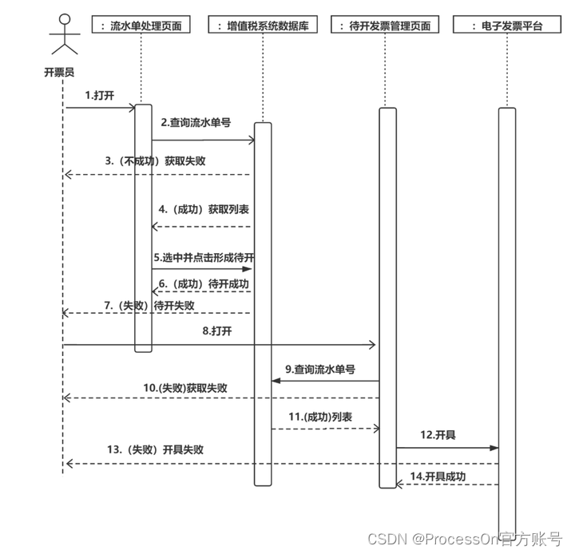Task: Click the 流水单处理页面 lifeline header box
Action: tap(141, 26)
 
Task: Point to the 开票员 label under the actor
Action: tap(59, 72)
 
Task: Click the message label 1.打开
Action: tap(100, 95)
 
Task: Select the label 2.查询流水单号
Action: tap(196, 123)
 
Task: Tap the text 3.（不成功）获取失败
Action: tap(155, 160)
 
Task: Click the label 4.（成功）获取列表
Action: tap(204, 210)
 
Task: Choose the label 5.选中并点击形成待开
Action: tap(204, 259)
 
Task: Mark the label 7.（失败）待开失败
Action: tap(149, 306)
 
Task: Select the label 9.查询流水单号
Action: tap(320, 369)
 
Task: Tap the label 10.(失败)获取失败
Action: tap(185, 388)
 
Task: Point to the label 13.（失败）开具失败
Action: tap(155, 449)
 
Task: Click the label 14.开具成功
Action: tap(438, 477)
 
